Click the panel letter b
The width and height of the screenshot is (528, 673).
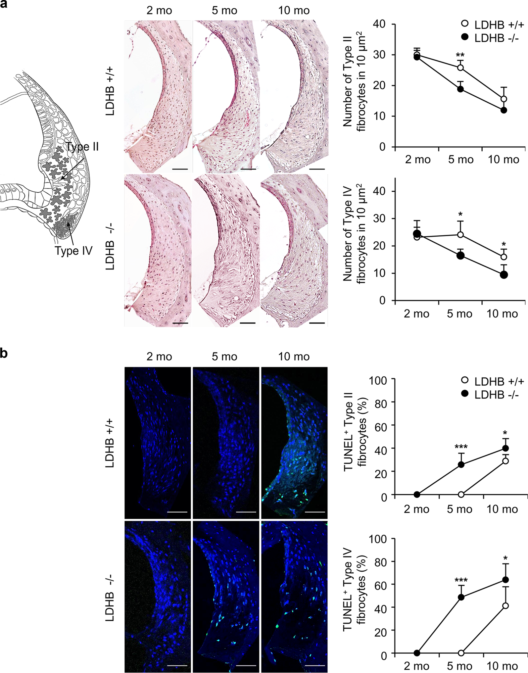(4, 353)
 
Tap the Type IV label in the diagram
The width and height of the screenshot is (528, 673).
(73, 251)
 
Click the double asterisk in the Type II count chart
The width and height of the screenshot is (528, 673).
(460, 55)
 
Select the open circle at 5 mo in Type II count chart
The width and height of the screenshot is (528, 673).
(460, 68)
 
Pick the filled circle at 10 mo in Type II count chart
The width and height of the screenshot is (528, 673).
(504, 110)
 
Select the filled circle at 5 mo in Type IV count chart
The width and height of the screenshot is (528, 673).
(460, 255)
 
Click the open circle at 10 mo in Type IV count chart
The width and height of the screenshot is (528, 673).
(504, 257)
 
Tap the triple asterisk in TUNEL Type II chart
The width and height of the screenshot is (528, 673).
(461, 447)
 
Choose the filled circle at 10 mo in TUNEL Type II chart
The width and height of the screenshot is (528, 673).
(505, 448)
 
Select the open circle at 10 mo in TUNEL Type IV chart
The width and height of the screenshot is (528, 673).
(505, 605)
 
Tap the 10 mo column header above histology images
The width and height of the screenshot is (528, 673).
(294, 11)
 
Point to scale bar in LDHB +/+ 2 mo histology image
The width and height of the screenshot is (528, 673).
(180, 169)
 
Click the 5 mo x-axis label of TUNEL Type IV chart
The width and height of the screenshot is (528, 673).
(459, 666)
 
